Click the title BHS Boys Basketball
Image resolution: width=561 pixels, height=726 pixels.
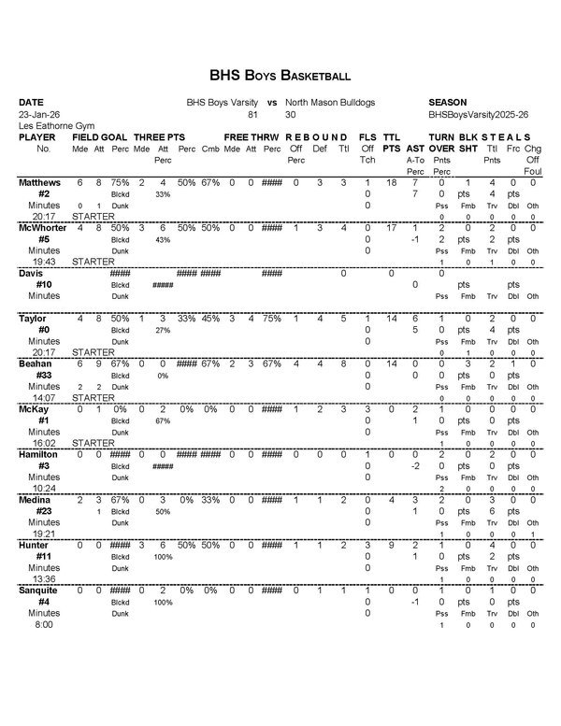click(280, 75)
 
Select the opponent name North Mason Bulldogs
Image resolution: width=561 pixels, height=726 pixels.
click(330, 102)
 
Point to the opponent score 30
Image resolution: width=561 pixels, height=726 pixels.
click(291, 113)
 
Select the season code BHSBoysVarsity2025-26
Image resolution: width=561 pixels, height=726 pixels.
click(478, 113)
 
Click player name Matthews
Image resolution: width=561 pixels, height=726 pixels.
click(39, 182)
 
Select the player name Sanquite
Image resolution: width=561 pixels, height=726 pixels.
click(39, 591)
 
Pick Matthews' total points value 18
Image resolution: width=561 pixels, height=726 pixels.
click(392, 182)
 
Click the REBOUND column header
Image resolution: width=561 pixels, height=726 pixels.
click(316, 136)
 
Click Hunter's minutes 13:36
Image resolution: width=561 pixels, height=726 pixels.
click(44, 579)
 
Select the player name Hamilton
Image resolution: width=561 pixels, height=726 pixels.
click(38, 454)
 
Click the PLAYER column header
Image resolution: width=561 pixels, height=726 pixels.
click(37, 136)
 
